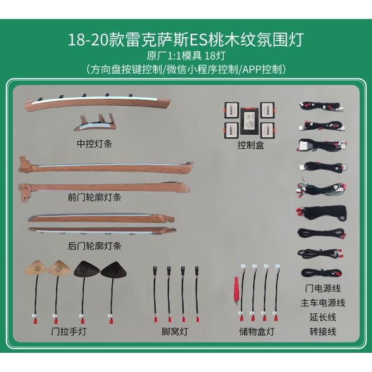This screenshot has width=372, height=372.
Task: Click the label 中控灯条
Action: click(x=94, y=144)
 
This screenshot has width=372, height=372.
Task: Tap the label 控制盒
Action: click(x=251, y=145)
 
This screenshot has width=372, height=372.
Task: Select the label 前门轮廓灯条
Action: click(x=94, y=197)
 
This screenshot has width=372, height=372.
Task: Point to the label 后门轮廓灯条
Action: click(x=94, y=246)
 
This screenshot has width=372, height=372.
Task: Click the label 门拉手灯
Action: click(x=69, y=331)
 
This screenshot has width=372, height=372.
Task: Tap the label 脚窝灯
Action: click(x=175, y=331)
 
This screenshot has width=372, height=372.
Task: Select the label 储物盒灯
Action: click(x=257, y=331)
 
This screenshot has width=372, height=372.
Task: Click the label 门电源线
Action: click(x=323, y=288)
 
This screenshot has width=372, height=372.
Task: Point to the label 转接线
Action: click(x=323, y=332)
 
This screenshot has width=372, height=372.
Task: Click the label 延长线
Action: click(x=323, y=317)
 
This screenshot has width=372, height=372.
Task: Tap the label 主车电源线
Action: click(x=323, y=303)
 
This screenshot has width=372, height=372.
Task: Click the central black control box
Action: click(x=249, y=123)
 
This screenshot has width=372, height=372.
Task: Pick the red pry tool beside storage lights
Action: click(x=237, y=291)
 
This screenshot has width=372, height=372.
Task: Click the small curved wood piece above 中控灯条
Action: click(x=95, y=123)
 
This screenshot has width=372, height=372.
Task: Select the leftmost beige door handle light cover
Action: click(x=36, y=268)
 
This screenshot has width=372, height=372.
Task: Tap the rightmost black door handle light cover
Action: click(x=113, y=270)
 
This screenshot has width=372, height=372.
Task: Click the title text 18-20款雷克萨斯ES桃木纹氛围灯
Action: click(x=186, y=40)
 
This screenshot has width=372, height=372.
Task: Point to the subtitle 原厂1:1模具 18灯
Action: click(x=186, y=56)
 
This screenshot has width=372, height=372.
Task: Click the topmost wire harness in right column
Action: click(x=321, y=106)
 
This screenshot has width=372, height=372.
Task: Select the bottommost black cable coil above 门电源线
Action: click(x=321, y=273)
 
